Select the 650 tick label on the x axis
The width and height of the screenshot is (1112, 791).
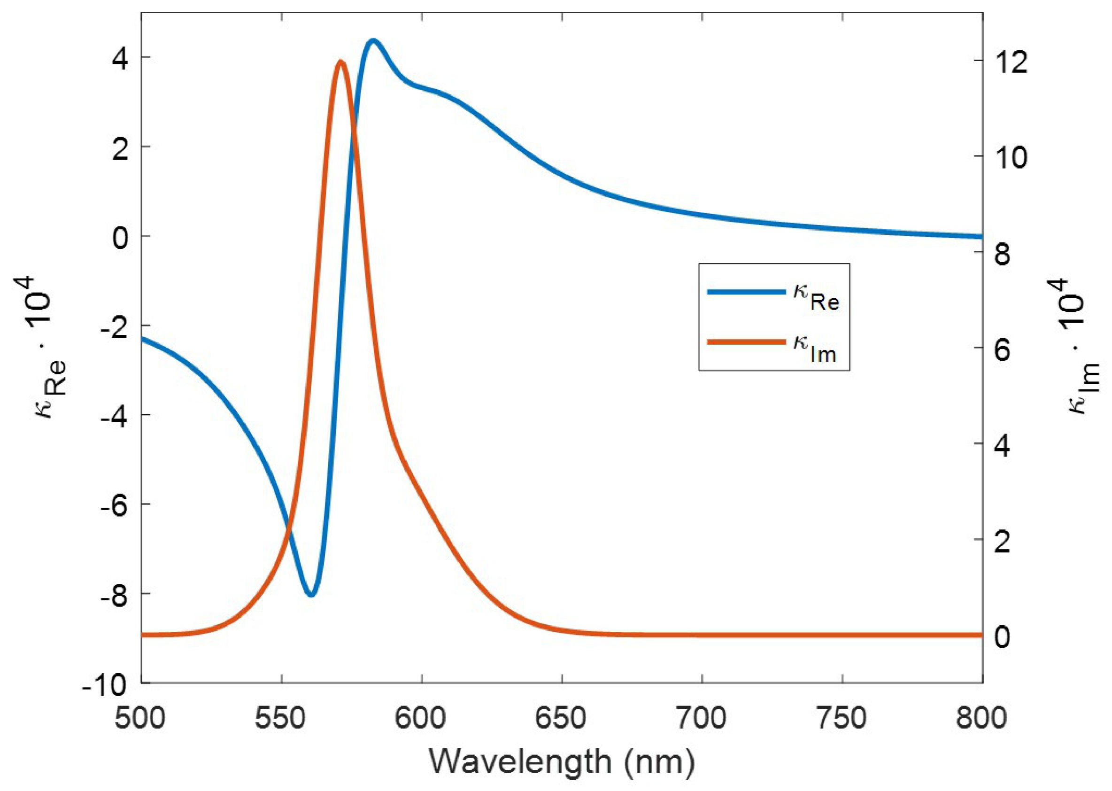click(562, 718)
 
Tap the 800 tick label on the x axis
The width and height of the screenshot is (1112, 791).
click(981, 718)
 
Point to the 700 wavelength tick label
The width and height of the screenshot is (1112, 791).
click(702, 718)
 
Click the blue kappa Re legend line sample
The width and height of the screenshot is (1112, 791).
click(746, 292)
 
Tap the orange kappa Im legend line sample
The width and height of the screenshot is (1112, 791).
click(746, 342)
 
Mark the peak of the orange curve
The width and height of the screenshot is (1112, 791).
click(340, 62)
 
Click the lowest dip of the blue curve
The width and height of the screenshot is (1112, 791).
click(312, 594)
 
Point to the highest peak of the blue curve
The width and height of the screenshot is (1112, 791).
click(373, 40)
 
